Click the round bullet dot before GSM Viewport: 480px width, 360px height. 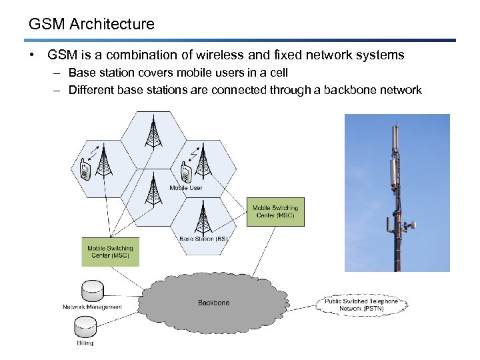[x=33, y=55]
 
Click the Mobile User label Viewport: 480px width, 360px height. [x=186, y=188]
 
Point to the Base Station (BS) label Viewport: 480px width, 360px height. [x=203, y=239]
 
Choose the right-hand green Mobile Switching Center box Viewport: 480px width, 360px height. [x=275, y=211]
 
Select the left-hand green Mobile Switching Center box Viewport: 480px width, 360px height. [x=111, y=252]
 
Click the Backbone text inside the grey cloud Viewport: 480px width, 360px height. [x=213, y=303]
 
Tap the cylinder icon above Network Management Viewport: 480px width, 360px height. [x=92, y=290]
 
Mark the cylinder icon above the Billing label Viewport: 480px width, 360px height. [x=85, y=327]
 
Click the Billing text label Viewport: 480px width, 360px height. [x=85, y=343]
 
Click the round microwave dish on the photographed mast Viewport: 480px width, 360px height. [x=411, y=225]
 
